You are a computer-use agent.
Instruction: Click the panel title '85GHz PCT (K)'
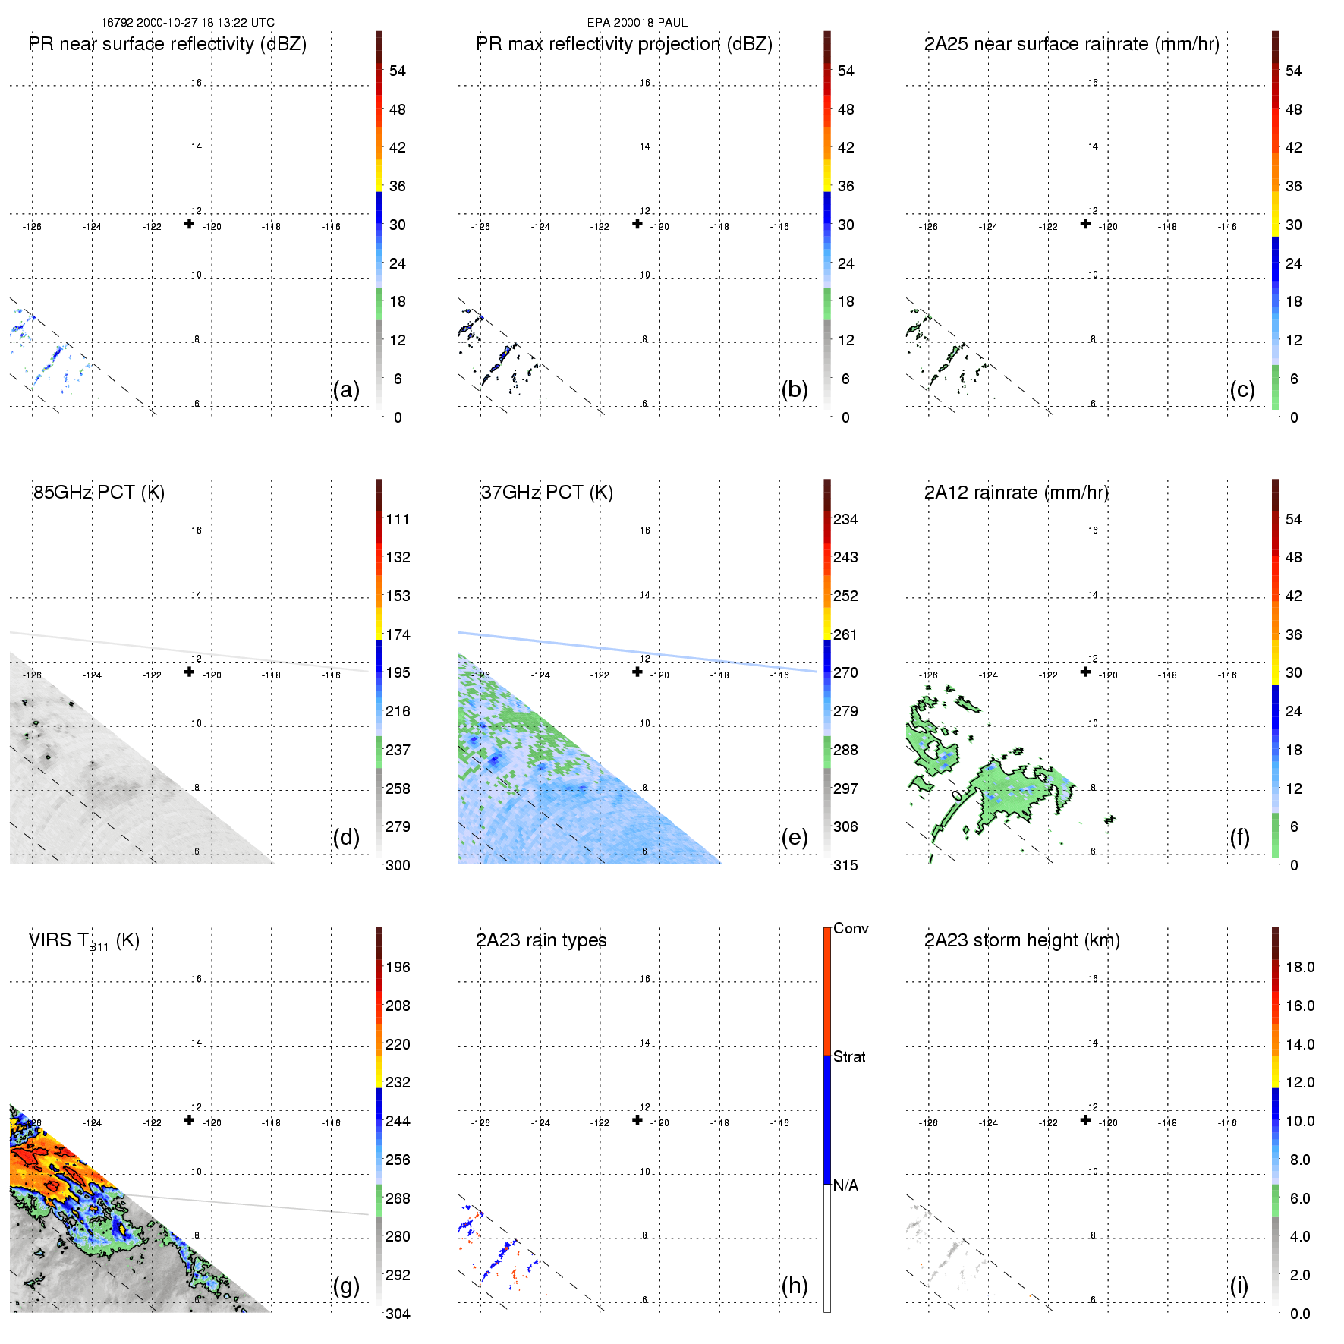(x=99, y=493)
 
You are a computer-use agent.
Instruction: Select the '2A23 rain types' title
(x=541, y=940)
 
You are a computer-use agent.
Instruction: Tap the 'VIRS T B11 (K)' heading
(x=83, y=941)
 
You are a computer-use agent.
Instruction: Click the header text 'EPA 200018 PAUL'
(x=637, y=23)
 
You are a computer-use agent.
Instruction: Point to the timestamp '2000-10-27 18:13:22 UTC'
(x=206, y=23)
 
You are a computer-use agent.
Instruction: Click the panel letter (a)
(x=346, y=389)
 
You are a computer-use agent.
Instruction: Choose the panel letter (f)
(x=1239, y=837)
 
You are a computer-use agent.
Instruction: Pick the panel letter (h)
(x=795, y=1285)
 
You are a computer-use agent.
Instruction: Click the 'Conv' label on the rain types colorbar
(x=851, y=929)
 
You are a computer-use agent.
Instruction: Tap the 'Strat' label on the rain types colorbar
(x=849, y=1057)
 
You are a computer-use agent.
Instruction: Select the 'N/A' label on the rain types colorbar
(x=845, y=1185)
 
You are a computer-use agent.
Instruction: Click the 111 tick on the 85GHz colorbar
(x=398, y=520)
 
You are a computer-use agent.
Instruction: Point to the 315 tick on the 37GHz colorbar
(x=845, y=865)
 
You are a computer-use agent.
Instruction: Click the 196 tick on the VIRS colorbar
(x=398, y=968)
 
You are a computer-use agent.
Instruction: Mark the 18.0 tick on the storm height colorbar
(x=1300, y=968)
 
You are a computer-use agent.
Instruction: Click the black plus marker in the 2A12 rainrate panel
(x=1085, y=672)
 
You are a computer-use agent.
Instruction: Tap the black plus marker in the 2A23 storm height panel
(x=1085, y=1119)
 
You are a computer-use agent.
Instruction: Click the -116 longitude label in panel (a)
(x=331, y=227)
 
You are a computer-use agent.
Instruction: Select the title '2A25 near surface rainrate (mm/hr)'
(x=1072, y=44)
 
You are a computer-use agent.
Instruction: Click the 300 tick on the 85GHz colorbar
(x=398, y=865)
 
